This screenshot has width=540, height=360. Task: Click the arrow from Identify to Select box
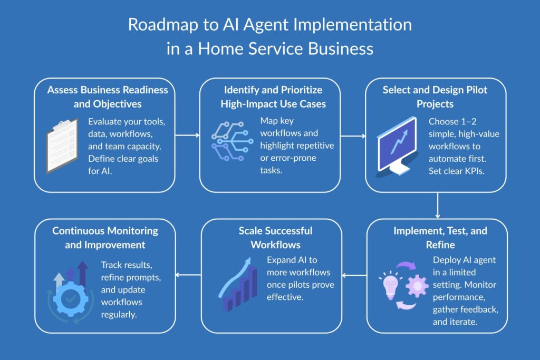tap(352, 135)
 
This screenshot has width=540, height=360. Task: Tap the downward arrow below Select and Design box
tap(438, 205)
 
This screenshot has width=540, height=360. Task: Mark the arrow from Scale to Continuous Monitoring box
tap(188, 275)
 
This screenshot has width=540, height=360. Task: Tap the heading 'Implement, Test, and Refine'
tap(440, 238)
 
